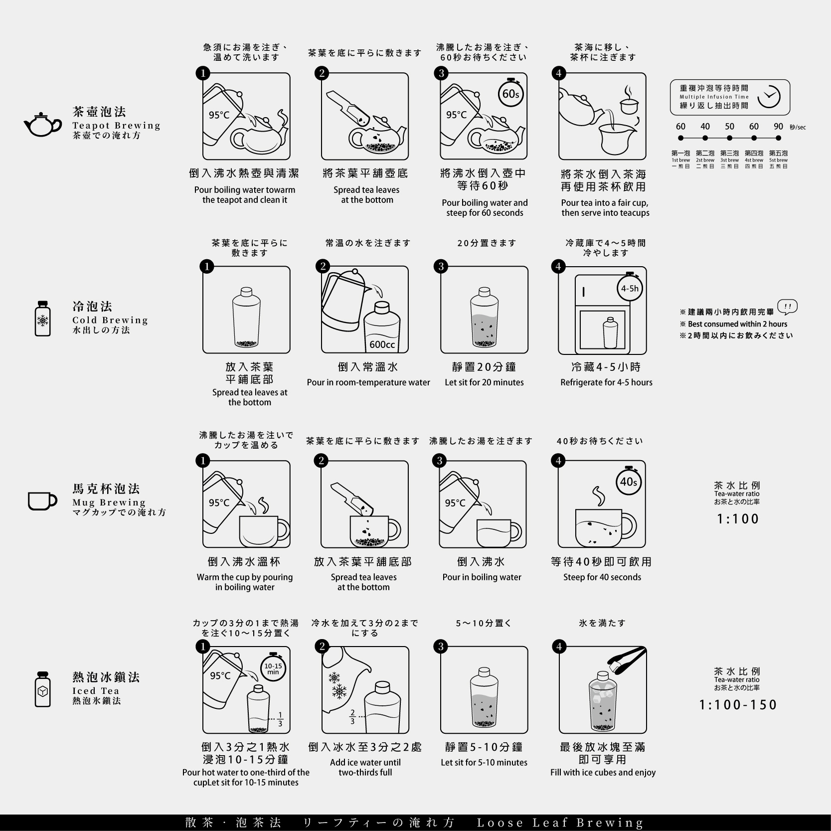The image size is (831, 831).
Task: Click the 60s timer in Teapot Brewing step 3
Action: point(511,93)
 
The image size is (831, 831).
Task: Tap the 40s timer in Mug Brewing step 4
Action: point(628,482)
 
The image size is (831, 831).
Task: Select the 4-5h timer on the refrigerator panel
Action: point(629,288)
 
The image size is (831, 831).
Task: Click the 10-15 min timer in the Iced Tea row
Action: point(273,668)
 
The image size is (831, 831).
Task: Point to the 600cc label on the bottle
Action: point(382,344)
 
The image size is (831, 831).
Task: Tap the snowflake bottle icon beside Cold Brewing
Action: point(43,318)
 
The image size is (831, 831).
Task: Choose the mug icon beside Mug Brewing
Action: point(42,501)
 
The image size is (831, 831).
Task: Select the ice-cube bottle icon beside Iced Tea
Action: point(43,689)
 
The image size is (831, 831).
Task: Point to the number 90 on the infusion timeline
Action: point(778,127)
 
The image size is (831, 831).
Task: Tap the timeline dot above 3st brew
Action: point(730,138)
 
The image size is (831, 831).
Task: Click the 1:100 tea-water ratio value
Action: point(738,519)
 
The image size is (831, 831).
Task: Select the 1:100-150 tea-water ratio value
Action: point(738,705)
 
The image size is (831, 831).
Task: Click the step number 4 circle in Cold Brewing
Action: point(558,267)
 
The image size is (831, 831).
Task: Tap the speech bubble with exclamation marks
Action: point(788,307)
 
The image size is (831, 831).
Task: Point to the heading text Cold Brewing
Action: point(110,320)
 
